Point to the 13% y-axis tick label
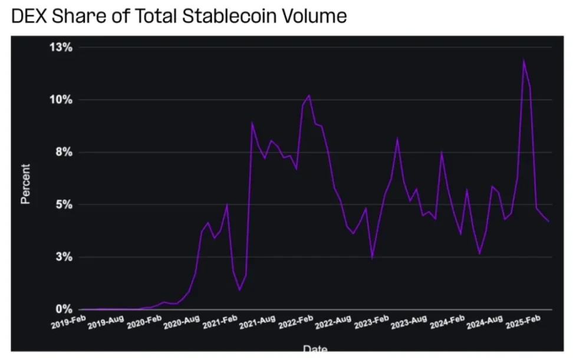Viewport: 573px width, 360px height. [x=60, y=47]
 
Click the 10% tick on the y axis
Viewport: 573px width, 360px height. [x=60, y=100]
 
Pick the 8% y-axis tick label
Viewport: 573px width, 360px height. [x=63, y=152]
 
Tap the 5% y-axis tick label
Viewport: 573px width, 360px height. [x=63, y=204]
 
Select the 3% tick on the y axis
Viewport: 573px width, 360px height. [x=63, y=257]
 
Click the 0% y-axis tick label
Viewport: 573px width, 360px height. [x=63, y=309]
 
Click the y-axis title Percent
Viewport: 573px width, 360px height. [x=25, y=183]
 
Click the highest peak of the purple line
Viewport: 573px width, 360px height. [x=523, y=60]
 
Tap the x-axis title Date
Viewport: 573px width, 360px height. [x=315, y=349]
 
